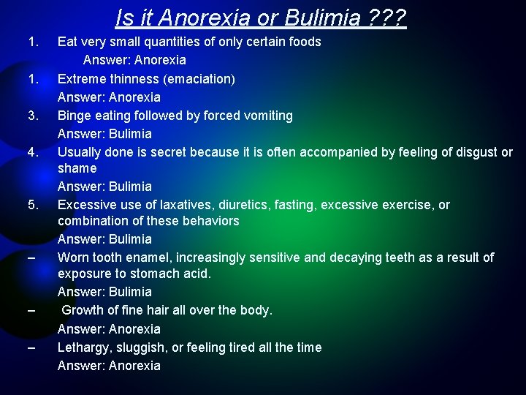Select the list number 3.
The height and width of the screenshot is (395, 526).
32,116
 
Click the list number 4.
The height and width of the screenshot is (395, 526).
32,153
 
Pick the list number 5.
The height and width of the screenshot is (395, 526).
32,205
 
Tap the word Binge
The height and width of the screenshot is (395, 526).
75,116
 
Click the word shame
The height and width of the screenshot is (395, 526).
77,168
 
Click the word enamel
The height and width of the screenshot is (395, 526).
150,257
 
